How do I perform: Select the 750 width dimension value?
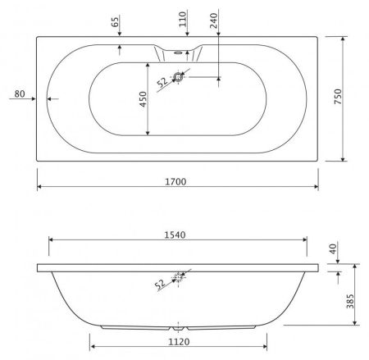350,98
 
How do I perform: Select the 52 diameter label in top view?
162,81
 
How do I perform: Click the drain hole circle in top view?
179,78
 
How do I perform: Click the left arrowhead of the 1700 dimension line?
39,185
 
